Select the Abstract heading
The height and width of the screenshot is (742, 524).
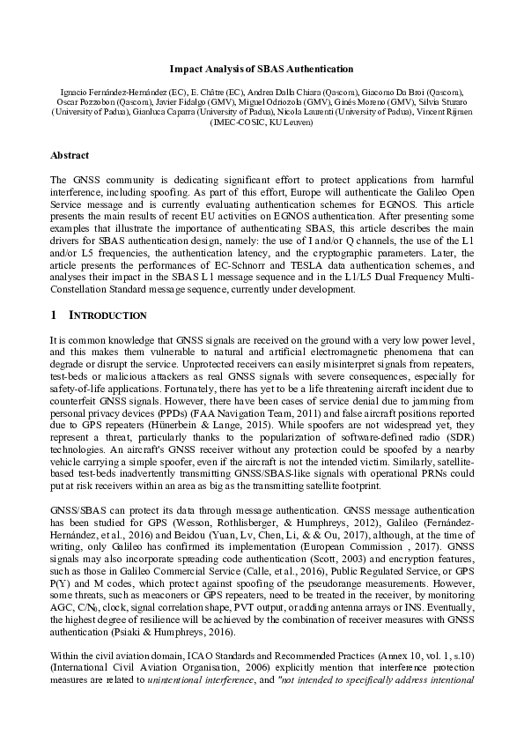click(x=69, y=155)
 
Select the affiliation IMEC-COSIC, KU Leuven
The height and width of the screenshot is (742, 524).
click(x=262, y=122)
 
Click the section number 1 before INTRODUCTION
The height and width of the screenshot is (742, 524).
click(x=55, y=315)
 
